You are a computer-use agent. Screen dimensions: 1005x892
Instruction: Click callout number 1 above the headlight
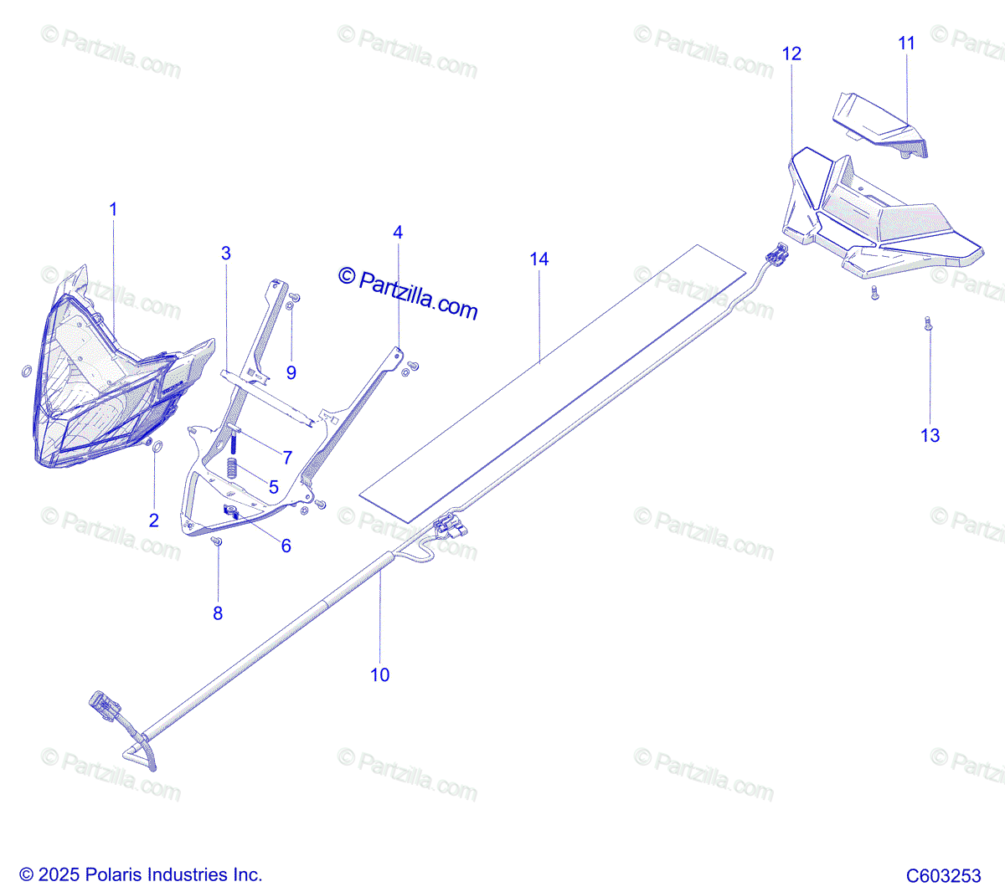(113, 210)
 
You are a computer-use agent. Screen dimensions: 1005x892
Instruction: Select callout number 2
(154, 520)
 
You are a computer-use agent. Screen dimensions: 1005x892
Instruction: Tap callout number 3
(225, 254)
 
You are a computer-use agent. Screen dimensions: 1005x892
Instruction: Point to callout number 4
(398, 233)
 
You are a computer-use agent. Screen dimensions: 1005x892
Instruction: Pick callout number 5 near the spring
(273, 487)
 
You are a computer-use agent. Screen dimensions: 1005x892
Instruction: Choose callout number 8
(218, 613)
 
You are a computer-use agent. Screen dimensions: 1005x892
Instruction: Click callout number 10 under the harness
(380, 675)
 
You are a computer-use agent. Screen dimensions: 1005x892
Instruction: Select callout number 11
(907, 44)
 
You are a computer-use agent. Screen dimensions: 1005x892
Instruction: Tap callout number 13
(930, 436)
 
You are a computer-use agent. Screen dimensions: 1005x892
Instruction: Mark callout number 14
(539, 259)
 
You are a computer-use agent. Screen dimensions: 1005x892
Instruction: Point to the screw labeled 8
(217, 541)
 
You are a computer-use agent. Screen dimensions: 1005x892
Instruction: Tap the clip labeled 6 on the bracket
(231, 512)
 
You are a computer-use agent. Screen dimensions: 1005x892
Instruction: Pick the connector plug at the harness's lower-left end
(105, 706)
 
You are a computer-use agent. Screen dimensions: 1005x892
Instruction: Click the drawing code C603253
(944, 875)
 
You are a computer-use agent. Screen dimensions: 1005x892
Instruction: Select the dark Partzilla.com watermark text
(408, 295)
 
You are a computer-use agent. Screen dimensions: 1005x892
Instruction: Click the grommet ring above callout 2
(157, 446)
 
